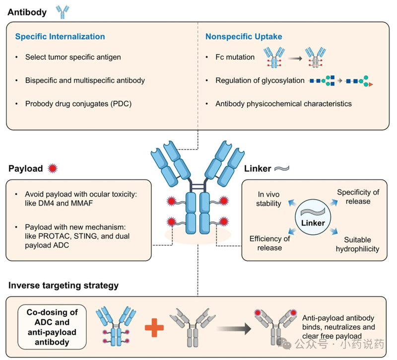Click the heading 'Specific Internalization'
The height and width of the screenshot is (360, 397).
60,36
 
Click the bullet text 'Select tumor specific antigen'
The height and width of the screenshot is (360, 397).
73,57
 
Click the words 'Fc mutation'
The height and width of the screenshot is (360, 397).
235,57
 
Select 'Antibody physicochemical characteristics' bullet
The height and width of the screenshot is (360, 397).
283,104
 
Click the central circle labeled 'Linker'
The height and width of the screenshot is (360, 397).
313,219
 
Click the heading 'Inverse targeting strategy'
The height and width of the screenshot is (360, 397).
63,286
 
